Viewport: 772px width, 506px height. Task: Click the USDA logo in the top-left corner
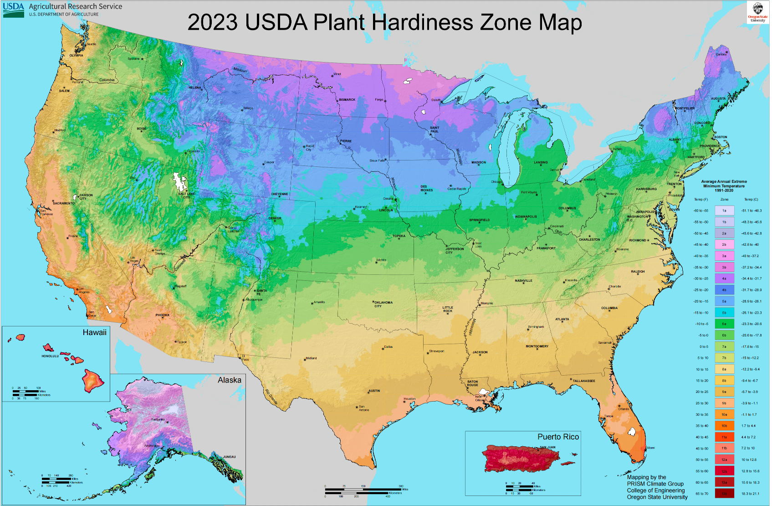[14, 9]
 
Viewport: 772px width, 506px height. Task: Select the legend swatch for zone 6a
[724, 324]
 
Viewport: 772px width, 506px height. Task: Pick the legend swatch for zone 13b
[724, 494]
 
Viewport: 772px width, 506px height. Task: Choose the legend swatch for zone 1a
[724, 211]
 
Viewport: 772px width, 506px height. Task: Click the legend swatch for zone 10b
[724, 426]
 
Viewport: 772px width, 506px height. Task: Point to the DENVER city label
[275, 218]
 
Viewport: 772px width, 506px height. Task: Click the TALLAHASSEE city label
[584, 381]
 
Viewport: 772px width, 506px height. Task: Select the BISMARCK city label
[347, 99]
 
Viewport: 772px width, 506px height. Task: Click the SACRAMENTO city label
[63, 203]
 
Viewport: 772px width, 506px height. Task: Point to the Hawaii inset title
[94, 333]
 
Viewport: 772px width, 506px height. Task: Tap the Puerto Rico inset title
[558, 437]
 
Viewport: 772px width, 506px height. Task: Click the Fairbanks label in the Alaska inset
[158, 419]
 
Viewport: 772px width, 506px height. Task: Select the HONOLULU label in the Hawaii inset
[50, 356]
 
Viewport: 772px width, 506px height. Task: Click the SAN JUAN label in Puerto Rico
[547, 447]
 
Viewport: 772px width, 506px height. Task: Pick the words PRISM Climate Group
[655, 484]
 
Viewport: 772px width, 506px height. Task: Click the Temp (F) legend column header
[700, 199]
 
